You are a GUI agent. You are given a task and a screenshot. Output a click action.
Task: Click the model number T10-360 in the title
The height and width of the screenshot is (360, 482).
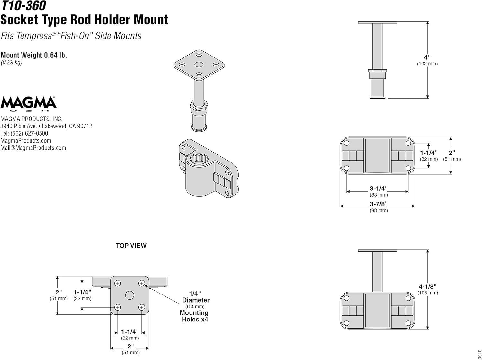(23, 6)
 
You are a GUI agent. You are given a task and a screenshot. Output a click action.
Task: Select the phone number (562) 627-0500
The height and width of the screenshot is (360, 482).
(29, 133)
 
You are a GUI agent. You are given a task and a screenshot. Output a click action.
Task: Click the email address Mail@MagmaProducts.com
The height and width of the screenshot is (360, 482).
(33, 148)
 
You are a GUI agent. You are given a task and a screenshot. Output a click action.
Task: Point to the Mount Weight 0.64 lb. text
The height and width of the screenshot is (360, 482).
(34, 55)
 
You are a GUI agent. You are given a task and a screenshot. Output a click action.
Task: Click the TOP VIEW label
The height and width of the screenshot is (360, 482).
(131, 246)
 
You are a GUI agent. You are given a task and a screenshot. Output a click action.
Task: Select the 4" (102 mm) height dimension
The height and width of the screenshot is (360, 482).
(427, 60)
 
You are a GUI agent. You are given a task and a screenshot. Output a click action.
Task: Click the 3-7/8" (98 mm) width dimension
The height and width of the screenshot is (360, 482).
(379, 207)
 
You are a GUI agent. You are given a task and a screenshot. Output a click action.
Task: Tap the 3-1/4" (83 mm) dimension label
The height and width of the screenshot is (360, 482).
(379, 191)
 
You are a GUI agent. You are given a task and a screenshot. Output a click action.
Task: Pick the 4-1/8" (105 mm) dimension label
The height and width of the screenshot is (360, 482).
(427, 289)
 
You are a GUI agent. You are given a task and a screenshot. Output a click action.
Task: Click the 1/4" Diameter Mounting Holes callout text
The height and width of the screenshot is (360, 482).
(195, 306)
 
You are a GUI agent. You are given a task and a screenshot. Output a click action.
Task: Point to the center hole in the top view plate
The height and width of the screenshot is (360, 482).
(129, 295)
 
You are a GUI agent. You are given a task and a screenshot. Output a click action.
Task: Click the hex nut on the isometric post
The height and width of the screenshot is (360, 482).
(199, 105)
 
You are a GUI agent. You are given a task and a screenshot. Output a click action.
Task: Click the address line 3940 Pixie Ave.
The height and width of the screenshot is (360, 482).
(46, 126)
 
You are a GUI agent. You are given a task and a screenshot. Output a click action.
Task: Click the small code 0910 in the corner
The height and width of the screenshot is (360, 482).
(479, 354)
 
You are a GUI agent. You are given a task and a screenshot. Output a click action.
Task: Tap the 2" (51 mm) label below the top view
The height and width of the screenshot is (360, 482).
(130, 349)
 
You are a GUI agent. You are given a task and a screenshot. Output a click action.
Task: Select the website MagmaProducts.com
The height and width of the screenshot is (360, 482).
(26, 141)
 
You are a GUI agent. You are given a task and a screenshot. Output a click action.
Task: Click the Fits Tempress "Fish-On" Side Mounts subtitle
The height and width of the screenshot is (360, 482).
(71, 36)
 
